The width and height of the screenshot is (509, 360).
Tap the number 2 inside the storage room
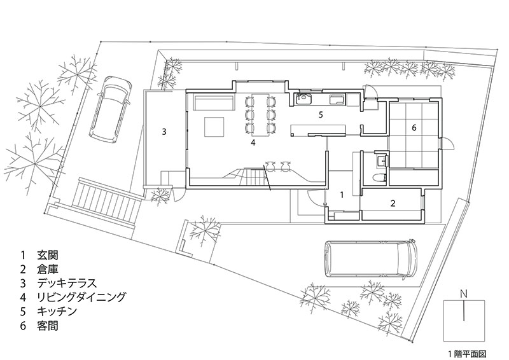(393, 204)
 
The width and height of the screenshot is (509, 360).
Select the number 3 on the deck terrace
(164, 132)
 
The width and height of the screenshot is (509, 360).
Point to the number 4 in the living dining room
(253, 143)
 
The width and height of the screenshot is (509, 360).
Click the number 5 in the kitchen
(321, 115)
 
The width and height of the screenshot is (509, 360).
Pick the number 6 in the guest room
(414, 128)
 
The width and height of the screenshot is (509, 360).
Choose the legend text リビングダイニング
(82, 297)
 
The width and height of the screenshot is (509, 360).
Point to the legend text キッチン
(57, 312)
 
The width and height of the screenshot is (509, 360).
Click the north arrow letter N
(466, 293)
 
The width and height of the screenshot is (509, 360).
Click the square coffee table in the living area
(214, 126)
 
